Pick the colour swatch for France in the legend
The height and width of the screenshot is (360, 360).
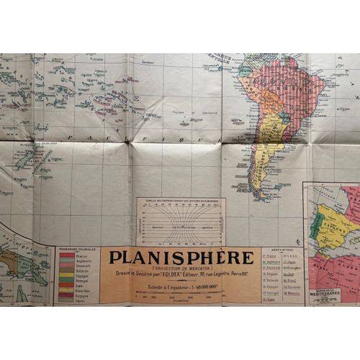67,256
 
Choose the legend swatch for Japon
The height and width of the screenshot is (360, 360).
67,300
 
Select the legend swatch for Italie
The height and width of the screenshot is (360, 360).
67,284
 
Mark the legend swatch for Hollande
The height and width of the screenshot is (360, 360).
67,270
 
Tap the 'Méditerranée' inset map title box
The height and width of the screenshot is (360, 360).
325,296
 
